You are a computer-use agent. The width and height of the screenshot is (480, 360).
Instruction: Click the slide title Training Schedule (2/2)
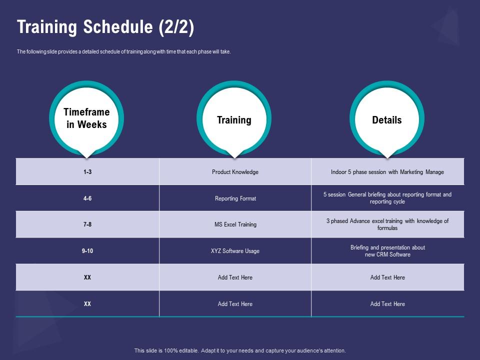pos(105,27)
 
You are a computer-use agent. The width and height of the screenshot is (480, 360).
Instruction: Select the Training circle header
pos(234,119)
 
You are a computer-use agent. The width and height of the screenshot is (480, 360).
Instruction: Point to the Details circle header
pos(387,119)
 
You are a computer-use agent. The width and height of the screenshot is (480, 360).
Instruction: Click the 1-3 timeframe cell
pos(87,172)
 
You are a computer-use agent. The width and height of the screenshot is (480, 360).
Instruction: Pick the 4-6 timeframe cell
pos(87,198)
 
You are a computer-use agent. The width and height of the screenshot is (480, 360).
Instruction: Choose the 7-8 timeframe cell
pos(87,224)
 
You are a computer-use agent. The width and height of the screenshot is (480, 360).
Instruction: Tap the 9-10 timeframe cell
pos(87,251)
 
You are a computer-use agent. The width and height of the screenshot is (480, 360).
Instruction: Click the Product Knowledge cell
pos(235,172)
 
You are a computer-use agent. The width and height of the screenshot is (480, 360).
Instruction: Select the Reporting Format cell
pos(235,198)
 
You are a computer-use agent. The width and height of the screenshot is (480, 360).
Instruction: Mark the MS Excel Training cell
pos(235,224)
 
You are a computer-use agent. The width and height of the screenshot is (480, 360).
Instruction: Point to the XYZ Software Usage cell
pos(235,251)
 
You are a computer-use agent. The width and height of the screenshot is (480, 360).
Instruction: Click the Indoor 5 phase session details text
pos(387,172)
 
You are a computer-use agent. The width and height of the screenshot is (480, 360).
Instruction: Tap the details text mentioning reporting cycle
pos(387,198)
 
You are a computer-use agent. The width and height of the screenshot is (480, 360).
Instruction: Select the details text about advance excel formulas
pos(387,224)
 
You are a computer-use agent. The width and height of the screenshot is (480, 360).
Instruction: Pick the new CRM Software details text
pos(387,251)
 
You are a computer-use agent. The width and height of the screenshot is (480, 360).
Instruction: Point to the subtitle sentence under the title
pos(123,51)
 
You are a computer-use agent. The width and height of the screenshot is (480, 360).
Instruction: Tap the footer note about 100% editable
pos(240,350)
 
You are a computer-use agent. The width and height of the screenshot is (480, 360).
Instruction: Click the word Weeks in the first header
pos(92,124)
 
